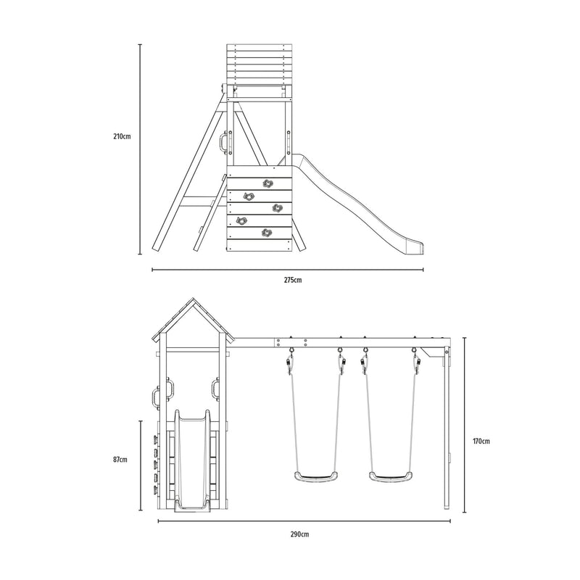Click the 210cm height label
pyautogui.click(x=122, y=136)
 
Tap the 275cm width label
pyautogui.click(x=293, y=280)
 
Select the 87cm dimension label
pyautogui.click(x=120, y=460)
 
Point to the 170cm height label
pyautogui.click(x=481, y=441)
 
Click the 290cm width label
pyautogui.click(x=299, y=534)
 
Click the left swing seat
pyautogui.click(x=316, y=476)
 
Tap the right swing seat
pyautogui.click(x=391, y=476)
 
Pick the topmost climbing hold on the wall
pyautogui.click(x=268, y=183)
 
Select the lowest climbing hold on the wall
pyautogui.click(x=266, y=233)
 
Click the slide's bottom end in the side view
pyautogui.click(x=415, y=247)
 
